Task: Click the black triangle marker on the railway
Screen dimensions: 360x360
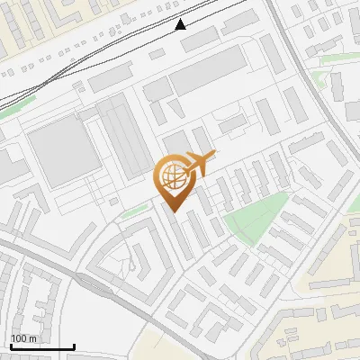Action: [x=181, y=24]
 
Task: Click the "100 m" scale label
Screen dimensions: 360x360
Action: [x=23, y=338]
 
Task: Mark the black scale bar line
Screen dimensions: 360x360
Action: [x=42, y=347]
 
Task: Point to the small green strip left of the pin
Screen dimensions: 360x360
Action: [x=134, y=211]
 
